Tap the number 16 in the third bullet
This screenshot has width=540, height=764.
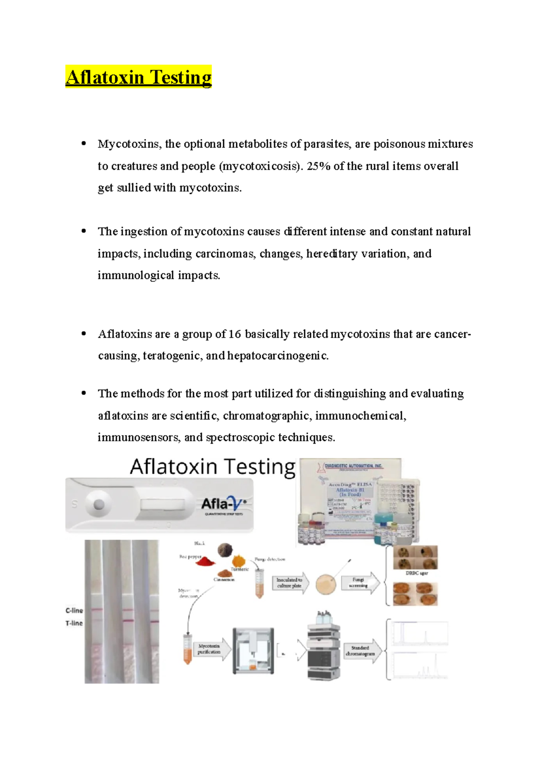tap(234, 334)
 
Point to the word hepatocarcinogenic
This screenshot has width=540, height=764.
tap(278, 356)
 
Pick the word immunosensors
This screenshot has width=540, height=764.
tap(139, 437)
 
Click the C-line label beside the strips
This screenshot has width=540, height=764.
tap(74, 611)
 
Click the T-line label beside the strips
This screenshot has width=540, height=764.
tap(74, 623)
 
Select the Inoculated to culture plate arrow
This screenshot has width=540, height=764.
tap(291, 583)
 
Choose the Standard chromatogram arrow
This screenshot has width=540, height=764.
tap(361, 651)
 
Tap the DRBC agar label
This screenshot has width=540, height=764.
tap(416, 573)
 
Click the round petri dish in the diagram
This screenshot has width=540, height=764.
tap(325, 584)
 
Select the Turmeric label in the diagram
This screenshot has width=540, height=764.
tap(240, 569)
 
